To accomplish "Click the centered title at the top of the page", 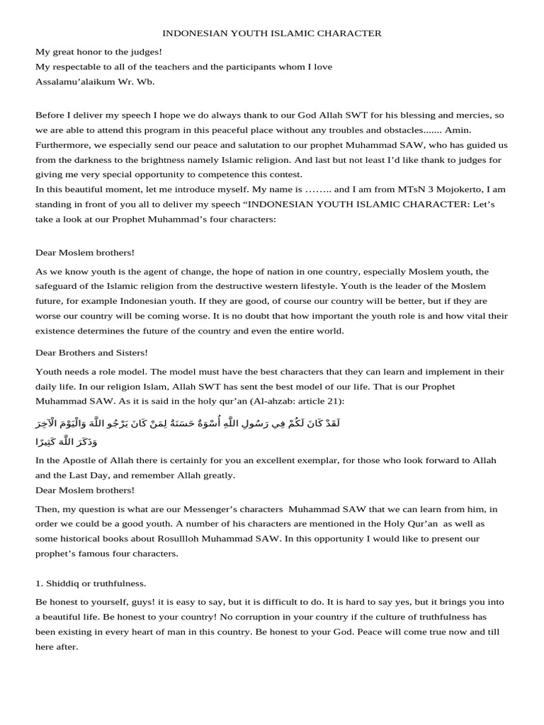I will tap(272, 33).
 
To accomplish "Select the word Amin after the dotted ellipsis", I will tap(458, 130).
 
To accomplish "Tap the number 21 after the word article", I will tap(336, 401).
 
